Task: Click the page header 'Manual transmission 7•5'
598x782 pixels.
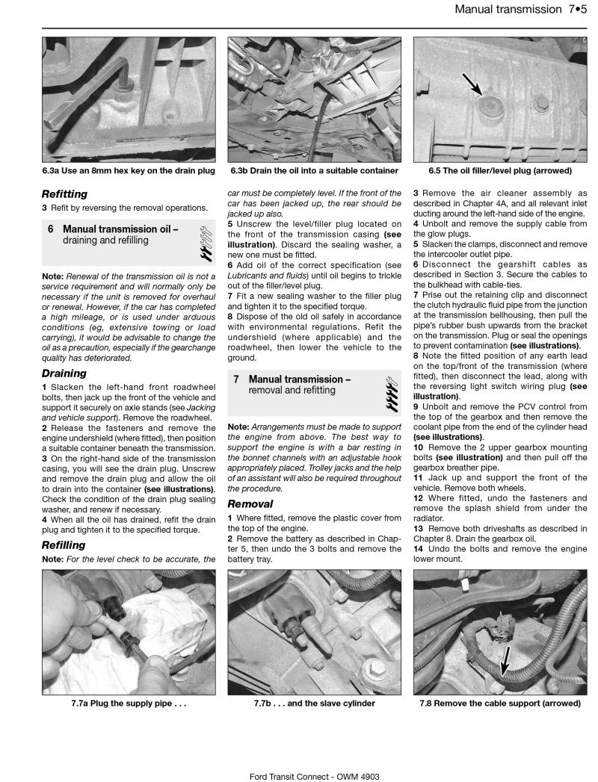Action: point(517,10)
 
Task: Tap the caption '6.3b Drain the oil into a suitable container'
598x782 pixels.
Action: point(314,171)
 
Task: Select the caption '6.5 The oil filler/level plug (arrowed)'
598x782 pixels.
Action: point(499,171)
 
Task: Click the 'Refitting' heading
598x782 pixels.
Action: point(64,193)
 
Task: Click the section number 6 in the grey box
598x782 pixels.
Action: point(50,229)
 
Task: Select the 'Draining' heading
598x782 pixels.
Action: point(64,373)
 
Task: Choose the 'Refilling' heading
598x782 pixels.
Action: point(64,545)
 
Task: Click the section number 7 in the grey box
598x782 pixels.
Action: point(235,379)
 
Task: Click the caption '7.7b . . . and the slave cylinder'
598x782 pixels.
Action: point(314,704)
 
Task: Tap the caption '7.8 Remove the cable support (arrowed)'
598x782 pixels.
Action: point(499,704)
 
